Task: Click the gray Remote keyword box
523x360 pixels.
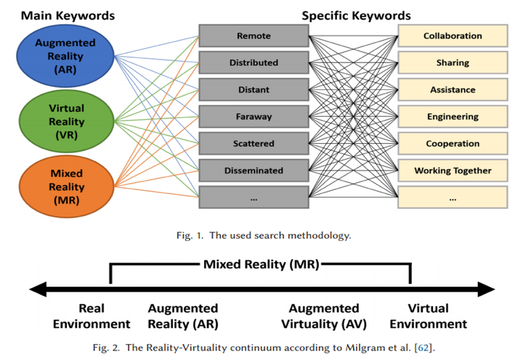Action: [254, 36]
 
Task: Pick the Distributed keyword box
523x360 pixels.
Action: [254, 63]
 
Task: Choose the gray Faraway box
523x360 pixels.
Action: [254, 117]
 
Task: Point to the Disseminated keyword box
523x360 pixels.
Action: [254, 171]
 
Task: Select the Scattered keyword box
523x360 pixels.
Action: [254, 144]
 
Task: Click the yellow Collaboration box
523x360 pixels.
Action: [453, 36]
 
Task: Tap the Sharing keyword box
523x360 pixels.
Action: [453, 63]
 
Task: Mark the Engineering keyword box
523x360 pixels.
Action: [453, 117]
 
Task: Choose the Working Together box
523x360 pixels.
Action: [453, 171]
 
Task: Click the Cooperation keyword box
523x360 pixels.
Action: [453, 144]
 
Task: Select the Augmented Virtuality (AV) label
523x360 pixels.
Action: [324, 316]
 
